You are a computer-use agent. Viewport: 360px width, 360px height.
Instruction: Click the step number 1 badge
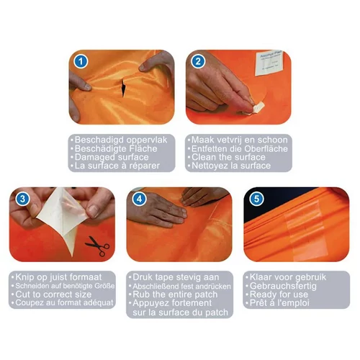pyautogui.click(x=81, y=61)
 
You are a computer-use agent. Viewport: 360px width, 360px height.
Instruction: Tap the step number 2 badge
pyautogui.click(x=198, y=61)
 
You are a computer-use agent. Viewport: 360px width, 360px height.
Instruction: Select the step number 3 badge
pyautogui.click(x=22, y=199)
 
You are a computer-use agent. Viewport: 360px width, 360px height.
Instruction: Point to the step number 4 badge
pyautogui.click(x=140, y=199)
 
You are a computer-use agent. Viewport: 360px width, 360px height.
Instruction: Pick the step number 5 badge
pyautogui.click(x=256, y=199)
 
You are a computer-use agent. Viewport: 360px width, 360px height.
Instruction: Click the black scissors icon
pyautogui.click(x=98, y=246)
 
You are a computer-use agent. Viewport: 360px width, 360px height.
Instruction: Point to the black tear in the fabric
pyautogui.click(x=123, y=87)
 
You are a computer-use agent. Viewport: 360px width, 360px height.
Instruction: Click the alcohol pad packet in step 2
pyautogui.click(x=269, y=63)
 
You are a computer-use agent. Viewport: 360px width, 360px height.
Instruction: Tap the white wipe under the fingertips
pyautogui.click(x=257, y=107)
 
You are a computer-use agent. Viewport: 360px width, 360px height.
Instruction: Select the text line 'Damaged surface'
pyautogui.click(x=112, y=157)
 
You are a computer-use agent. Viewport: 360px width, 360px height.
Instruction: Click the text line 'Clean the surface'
pyautogui.click(x=228, y=157)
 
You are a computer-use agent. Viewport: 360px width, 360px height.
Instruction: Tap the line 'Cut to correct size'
pyautogui.click(x=53, y=294)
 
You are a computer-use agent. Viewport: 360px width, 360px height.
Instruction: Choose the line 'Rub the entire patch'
pyautogui.click(x=175, y=294)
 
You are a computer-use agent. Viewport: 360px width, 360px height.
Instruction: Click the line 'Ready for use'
pyautogui.click(x=279, y=294)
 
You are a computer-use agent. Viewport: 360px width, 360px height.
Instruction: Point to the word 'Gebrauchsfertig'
pyautogui.click(x=283, y=286)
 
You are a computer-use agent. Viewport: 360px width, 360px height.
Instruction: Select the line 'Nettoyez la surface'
pyautogui.click(x=231, y=166)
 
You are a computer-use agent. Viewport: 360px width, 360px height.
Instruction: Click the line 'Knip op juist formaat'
pyautogui.click(x=58, y=277)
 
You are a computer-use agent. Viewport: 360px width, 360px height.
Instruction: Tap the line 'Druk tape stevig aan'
pyautogui.click(x=176, y=277)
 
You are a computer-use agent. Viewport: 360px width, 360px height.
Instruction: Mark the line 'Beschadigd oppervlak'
pyautogui.click(x=121, y=140)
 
